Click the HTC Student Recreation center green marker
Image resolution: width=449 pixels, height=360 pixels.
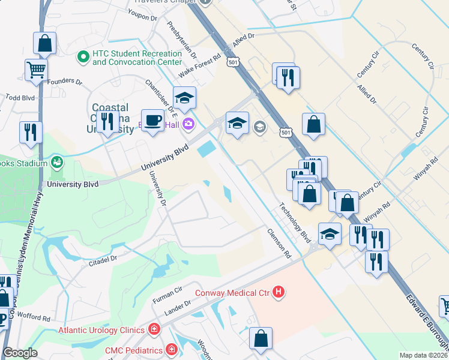[83, 58]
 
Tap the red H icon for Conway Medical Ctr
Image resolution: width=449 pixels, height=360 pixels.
[279, 292]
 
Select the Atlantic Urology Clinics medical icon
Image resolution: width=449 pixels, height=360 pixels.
[154, 329]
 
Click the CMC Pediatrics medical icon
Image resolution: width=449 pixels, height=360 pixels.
[172, 349]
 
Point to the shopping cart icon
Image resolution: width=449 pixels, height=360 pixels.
[36, 70]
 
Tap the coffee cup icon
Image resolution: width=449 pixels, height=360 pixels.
[152, 119]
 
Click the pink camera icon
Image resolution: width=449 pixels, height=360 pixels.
[188, 124]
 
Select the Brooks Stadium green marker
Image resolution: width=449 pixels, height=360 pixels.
[57, 162]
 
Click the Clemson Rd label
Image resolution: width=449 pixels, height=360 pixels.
[279, 243]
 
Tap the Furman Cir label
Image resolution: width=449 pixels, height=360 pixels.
[167, 294]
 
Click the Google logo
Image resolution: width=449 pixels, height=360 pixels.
[20, 353]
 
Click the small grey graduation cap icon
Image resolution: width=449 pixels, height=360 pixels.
[260, 126]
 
